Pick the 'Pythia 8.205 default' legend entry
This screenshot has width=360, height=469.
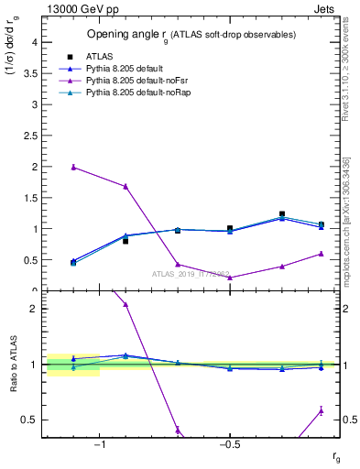click(124, 69)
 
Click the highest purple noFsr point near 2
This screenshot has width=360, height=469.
click(73, 167)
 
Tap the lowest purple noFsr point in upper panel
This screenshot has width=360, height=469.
click(230, 278)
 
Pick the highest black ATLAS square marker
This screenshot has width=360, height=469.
click(282, 214)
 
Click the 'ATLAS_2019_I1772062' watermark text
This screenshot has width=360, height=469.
click(191, 272)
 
